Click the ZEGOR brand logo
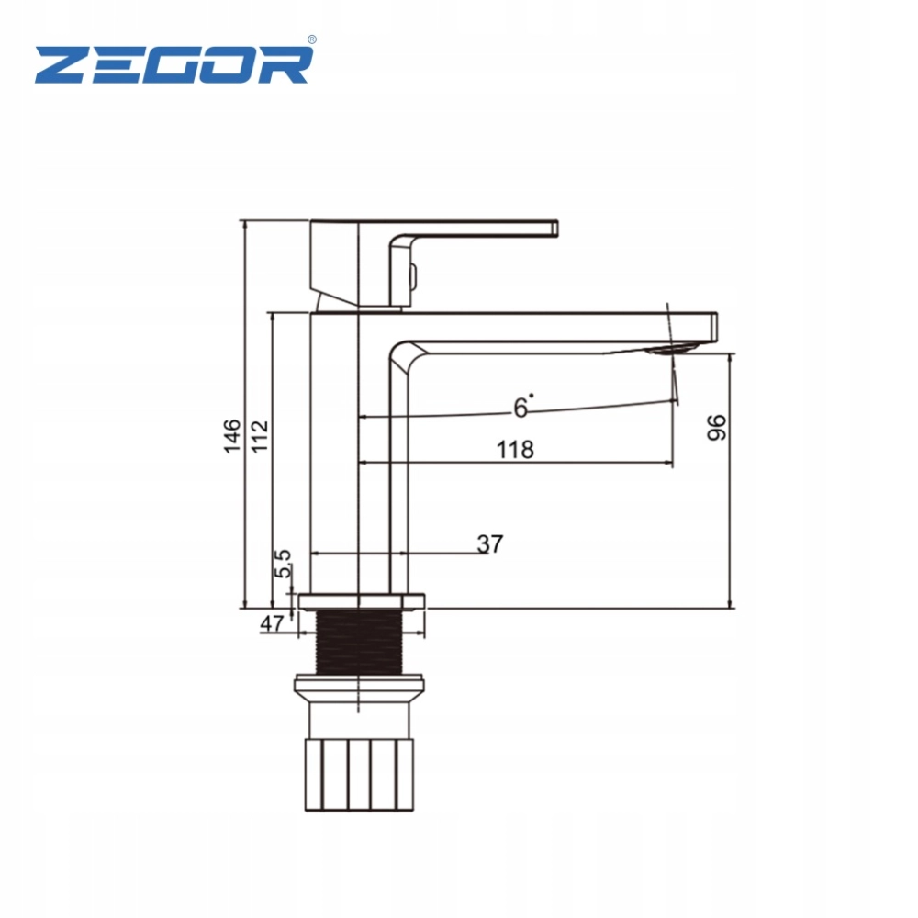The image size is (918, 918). pos(174,64)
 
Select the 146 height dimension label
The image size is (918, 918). pos(232,435)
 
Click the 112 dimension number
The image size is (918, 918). pos(260,436)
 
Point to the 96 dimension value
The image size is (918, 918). pos(717,428)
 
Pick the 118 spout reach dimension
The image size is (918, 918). pos(515,450)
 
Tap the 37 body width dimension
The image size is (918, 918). pos(490,543)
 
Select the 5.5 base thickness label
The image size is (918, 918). pos(283,564)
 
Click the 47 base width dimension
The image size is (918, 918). pos(272,624)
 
